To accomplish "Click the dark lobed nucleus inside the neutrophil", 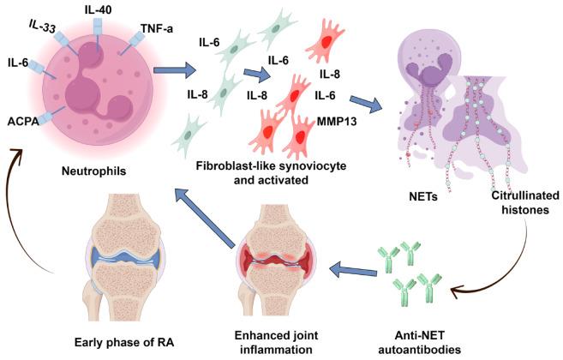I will (x=90, y=86).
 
